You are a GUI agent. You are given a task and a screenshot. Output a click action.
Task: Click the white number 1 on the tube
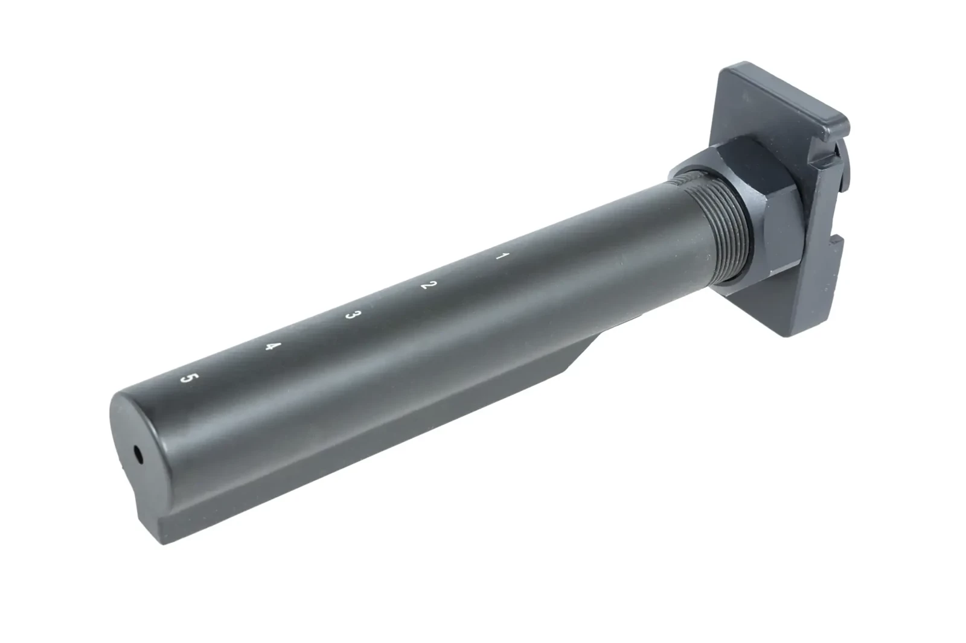(x=502, y=256)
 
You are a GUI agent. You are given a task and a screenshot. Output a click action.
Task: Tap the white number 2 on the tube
(x=429, y=285)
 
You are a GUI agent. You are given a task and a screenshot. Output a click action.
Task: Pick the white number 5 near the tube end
(x=188, y=378)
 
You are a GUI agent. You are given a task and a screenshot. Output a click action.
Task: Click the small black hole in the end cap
(x=138, y=454)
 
